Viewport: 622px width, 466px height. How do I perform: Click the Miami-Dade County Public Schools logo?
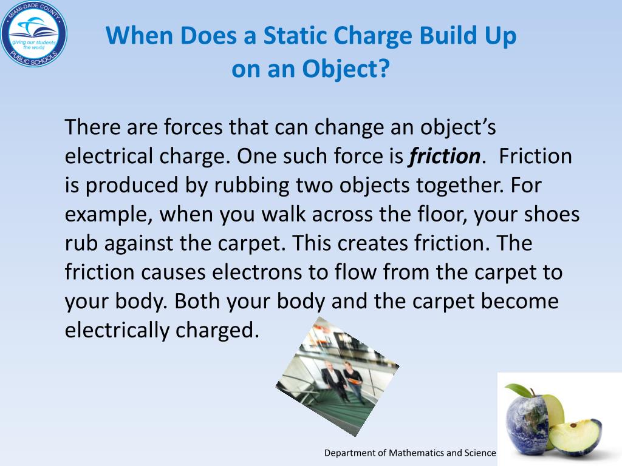[34, 34]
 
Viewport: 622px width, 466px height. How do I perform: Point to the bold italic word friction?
[445, 157]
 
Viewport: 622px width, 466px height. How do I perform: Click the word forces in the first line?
[194, 128]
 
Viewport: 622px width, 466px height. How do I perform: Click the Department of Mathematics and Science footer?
[410, 453]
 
